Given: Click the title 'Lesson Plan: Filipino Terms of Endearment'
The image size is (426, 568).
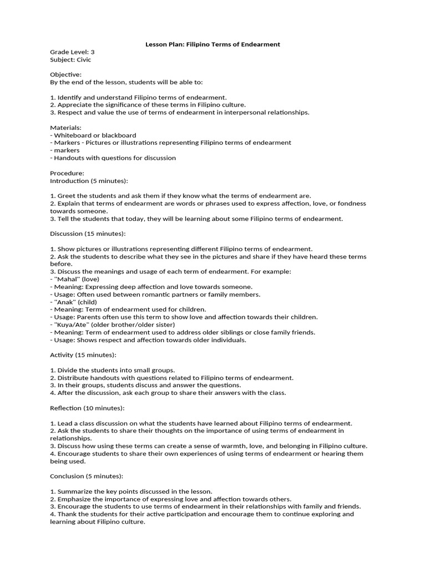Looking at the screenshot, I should [212, 44].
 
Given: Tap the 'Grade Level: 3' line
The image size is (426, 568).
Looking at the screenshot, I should [73, 52].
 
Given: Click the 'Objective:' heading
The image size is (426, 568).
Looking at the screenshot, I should [65, 74].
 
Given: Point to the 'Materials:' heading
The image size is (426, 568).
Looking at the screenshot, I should [65, 128].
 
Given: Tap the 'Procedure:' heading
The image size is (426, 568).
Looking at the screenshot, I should [67, 173].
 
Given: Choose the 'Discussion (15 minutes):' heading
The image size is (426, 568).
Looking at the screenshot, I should [88, 234].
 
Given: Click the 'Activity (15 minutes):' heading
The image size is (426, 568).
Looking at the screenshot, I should [83, 355].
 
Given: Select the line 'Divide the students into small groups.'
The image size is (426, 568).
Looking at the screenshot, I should [115, 370].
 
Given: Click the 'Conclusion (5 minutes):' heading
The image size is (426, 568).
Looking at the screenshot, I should [87, 476].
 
